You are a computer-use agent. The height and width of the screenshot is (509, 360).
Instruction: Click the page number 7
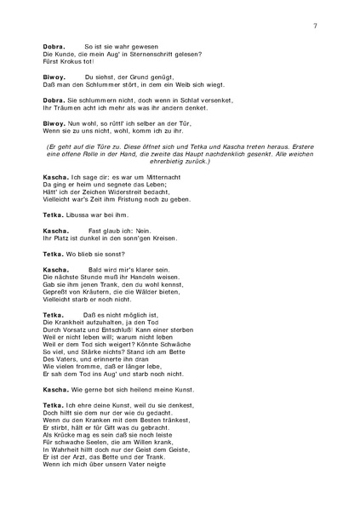coord(315,26)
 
